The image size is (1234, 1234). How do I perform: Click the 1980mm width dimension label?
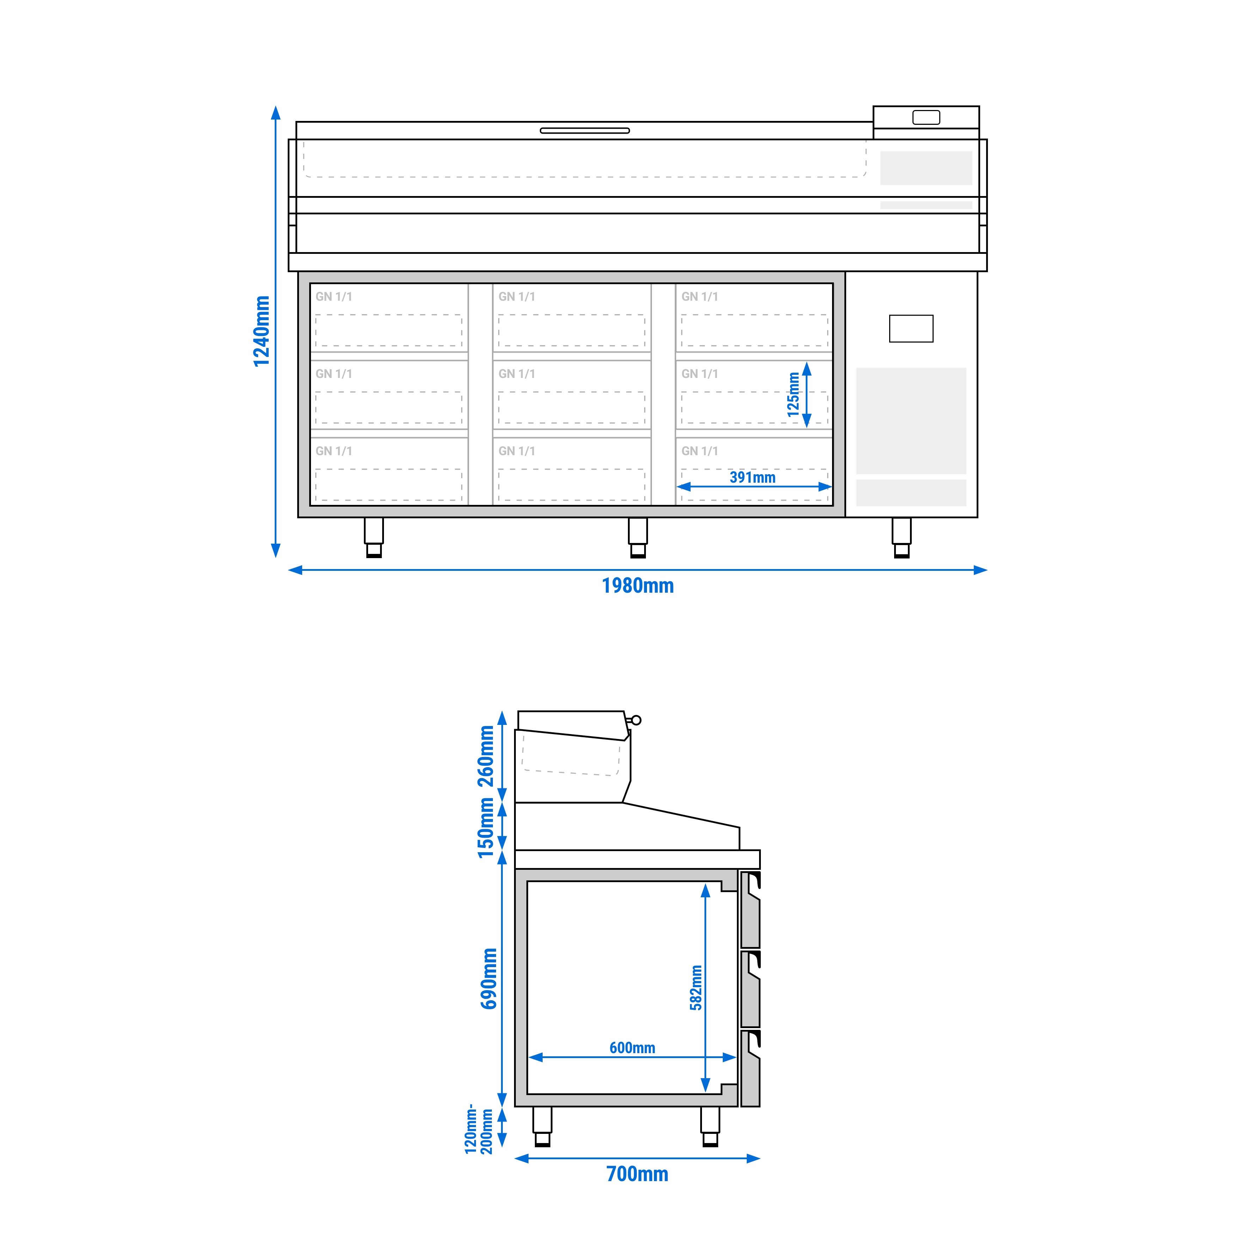(x=637, y=586)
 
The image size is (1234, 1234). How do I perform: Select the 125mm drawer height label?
(x=793, y=395)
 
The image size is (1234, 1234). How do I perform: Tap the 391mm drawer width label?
(x=752, y=477)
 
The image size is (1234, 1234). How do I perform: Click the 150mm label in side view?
(x=487, y=828)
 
